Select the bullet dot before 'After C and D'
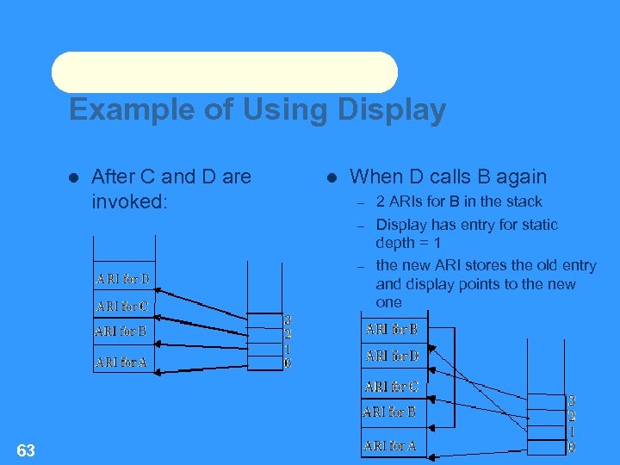(74, 177)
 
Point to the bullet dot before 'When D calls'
(332, 177)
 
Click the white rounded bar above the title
(225, 72)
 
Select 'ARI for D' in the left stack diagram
(122, 278)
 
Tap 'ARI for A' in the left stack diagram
(121, 363)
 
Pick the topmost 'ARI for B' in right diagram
(391, 329)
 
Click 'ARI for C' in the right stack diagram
(391, 387)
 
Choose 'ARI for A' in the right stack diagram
(390, 445)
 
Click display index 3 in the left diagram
(288, 319)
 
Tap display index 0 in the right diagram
(572, 447)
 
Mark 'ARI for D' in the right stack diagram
(392, 355)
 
